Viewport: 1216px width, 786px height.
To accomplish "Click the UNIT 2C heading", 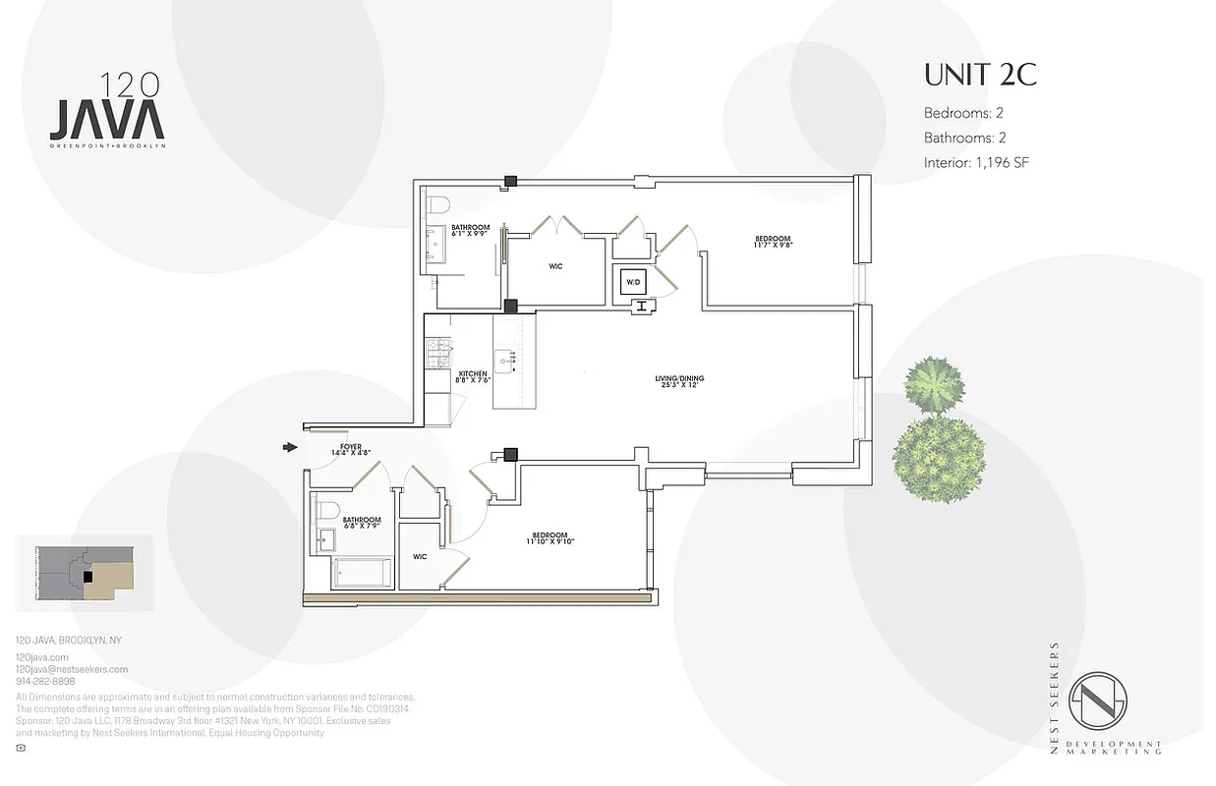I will [x=980, y=76].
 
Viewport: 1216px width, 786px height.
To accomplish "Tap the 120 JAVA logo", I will [x=107, y=110].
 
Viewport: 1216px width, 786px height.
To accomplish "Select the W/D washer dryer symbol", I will [x=632, y=283].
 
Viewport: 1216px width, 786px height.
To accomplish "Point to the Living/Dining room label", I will [x=679, y=382].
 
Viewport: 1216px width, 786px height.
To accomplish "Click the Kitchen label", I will [x=473, y=377].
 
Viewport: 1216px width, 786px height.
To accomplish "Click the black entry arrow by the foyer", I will [x=290, y=447].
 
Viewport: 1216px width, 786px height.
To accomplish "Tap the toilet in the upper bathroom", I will [x=438, y=204].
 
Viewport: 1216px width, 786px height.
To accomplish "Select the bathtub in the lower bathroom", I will [x=363, y=573].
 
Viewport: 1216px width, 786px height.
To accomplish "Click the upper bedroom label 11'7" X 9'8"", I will [x=773, y=243].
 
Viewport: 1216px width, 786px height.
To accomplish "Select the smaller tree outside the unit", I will [x=932, y=385].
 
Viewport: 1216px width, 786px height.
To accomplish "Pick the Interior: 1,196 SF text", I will [x=975, y=163].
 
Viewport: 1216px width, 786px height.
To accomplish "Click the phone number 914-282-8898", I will [x=45, y=681].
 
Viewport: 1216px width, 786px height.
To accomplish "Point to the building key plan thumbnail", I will [x=86, y=570].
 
